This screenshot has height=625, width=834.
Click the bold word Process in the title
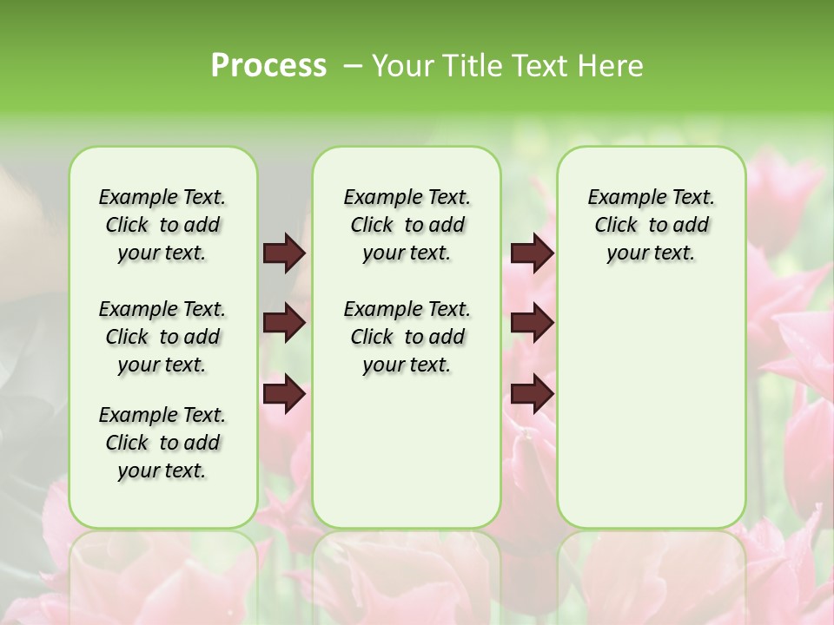268,66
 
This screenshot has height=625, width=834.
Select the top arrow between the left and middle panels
284,253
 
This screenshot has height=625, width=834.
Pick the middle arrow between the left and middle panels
284,323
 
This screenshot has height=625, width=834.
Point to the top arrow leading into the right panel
532,253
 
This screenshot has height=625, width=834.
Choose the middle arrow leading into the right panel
532,323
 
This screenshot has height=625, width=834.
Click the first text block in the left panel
162,225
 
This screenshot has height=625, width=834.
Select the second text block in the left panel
162,337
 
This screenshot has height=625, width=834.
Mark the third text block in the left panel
162,443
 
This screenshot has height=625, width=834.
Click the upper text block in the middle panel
407,225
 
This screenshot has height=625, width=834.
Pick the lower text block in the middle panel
407,337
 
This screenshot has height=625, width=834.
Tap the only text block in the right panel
651,225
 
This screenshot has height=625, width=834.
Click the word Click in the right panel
616,226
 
